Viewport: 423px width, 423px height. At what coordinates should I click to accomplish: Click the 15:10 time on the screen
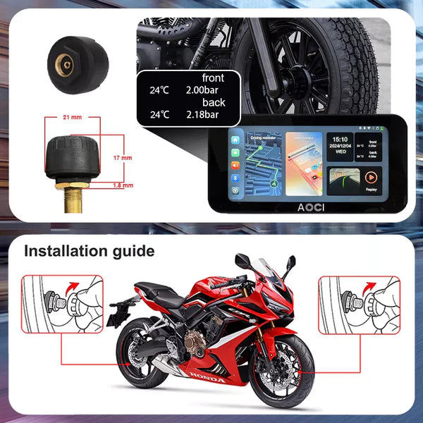341,139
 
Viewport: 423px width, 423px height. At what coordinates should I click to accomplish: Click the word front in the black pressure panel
212,78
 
